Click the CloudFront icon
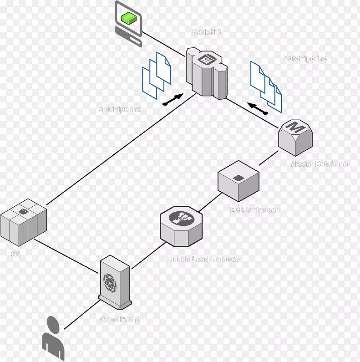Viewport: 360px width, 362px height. coord(116,280)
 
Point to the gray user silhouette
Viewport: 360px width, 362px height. coord(54,339)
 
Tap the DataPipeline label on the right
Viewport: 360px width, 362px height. coord(305,59)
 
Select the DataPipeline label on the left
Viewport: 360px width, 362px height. coord(119,109)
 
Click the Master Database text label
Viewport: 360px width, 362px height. coord(319,164)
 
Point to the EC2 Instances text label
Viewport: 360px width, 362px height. coord(254,210)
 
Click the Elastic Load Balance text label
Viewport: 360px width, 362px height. coord(203,259)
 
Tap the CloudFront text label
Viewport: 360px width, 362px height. coord(120,320)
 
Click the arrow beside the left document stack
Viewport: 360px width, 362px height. coord(173,100)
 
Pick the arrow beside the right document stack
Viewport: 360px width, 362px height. coord(257,108)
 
